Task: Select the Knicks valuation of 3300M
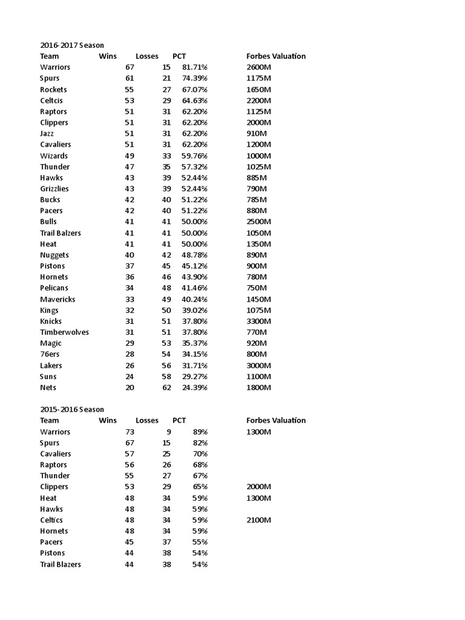tap(259, 321)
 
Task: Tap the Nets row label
tap(48, 387)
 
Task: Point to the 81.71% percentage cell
tap(194, 67)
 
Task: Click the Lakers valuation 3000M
tap(259, 365)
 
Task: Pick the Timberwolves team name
tap(64, 332)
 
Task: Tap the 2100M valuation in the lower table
tap(259, 520)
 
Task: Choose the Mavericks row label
tap(58, 299)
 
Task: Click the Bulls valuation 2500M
tap(259, 222)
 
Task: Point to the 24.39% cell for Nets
tap(194, 387)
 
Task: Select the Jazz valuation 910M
tap(257, 133)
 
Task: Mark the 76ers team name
tap(50, 354)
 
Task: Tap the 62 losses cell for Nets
tap(167, 387)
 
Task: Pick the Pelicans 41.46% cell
tap(194, 288)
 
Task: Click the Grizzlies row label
tap(54, 189)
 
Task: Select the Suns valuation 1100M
tap(259, 377)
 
